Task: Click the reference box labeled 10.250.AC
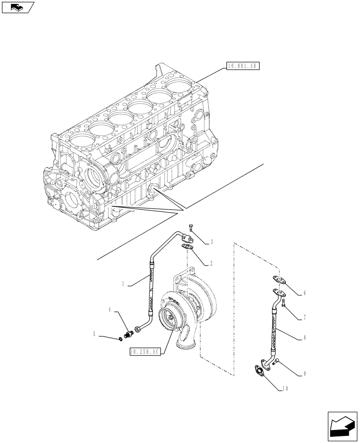point(144,352)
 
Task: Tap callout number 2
point(211,263)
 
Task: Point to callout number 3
point(211,242)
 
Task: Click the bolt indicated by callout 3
point(190,228)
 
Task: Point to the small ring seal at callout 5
point(121,340)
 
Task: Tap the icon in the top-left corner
point(17,7)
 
